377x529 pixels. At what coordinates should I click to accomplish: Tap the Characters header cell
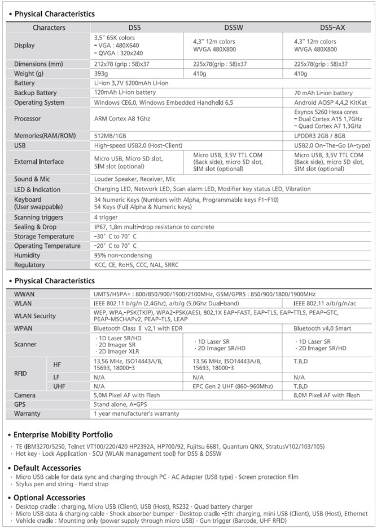coord(49,27)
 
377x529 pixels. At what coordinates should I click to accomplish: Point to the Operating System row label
coord(39,103)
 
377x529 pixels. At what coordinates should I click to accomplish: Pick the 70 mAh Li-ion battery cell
coord(325,93)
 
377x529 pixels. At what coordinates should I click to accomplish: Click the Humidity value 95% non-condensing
coord(125,256)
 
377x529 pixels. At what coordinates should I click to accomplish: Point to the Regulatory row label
coord(29,265)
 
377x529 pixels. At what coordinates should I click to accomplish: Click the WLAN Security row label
coord(35,316)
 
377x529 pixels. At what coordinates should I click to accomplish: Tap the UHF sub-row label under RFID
coord(59,386)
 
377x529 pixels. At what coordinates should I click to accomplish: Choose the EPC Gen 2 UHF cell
coord(233,386)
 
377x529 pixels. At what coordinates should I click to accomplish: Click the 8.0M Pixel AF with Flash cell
coord(327,395)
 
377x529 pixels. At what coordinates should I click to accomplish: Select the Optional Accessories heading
coord(50,497)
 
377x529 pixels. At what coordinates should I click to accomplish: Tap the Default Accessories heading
coord(47,468)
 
